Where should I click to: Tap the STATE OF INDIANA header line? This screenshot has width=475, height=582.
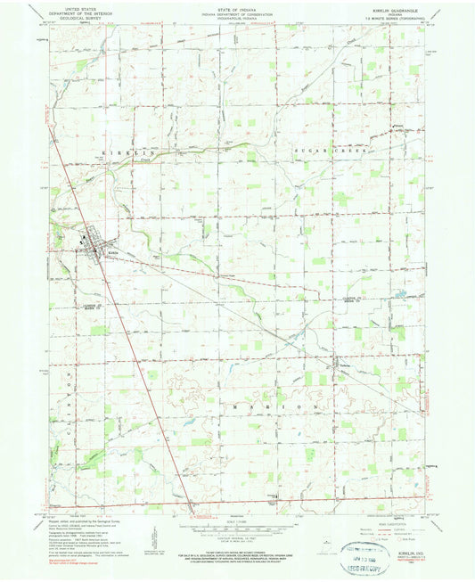click(238, 7)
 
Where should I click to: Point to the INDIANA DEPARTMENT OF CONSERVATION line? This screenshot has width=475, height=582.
click(238, 12)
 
